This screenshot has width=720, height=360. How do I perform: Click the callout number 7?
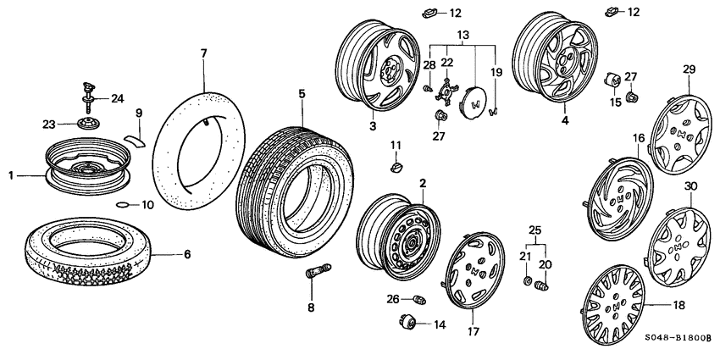(203, 53)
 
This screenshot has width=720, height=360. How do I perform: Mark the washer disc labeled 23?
(88, 124)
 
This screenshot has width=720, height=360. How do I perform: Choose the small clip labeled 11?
(395, 168)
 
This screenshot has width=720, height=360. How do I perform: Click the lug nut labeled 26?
(418, 299)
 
